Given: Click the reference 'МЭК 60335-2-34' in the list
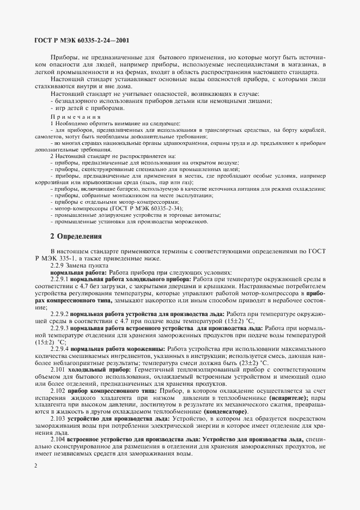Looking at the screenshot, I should (145, 208).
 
